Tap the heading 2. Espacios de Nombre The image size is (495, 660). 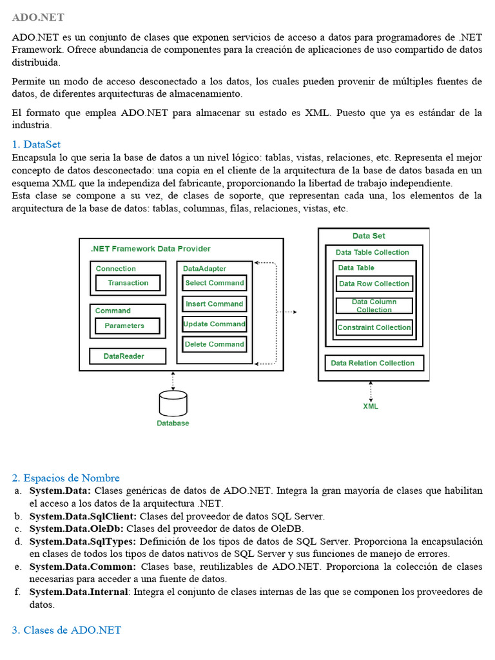[66, 478]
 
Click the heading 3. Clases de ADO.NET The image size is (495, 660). [66, 630]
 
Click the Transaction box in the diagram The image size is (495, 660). [128, 283]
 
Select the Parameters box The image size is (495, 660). [124, 325]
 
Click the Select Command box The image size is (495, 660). [214, 283]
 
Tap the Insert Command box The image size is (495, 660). [214, 304]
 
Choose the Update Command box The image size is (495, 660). [214, 324]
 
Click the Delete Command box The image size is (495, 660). [214, 344]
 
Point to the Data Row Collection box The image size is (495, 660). [374, 284]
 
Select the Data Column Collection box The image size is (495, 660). [374, 306]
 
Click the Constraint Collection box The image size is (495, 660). [374, 327]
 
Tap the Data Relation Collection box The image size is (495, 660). [373, 363]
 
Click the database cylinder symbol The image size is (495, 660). [173, 403]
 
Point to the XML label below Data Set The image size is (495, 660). [371, 406]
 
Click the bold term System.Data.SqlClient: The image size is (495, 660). [83, 516]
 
